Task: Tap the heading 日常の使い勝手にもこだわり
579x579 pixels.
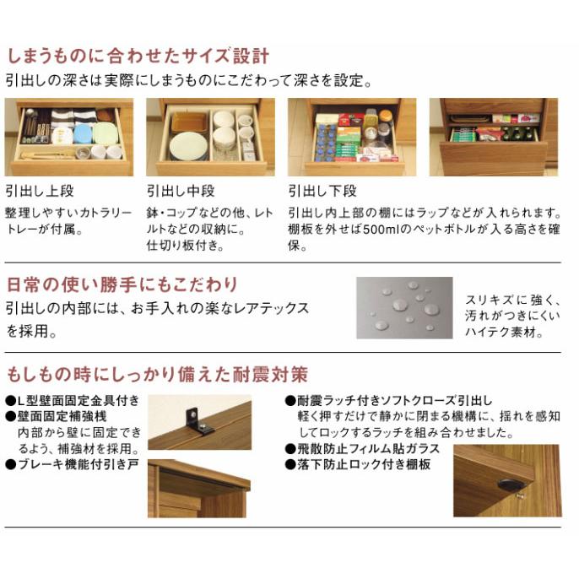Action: click(122, 284)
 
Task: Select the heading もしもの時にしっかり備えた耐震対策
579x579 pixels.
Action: click(157, 373)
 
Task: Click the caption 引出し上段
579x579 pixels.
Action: click(39, 191)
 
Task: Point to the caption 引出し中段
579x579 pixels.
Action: click(181, 191)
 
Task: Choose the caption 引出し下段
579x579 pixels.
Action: click(322, 191)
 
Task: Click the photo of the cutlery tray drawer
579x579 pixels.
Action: click(69, 137)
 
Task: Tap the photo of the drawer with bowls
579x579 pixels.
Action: click(210, 137)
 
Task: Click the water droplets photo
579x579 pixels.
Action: click(404, 307)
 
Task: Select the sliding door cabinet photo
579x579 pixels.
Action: click(199, 489)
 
